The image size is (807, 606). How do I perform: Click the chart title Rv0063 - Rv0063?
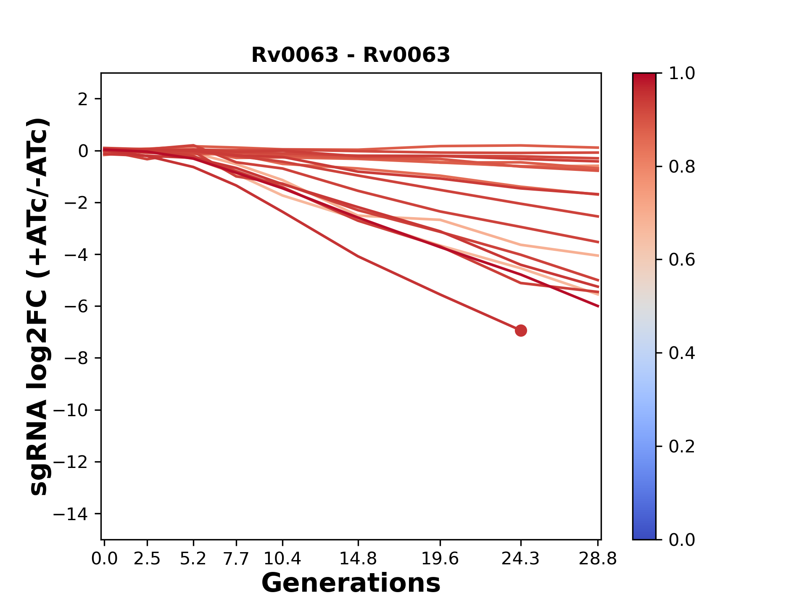351,55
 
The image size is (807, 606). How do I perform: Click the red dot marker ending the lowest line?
521,331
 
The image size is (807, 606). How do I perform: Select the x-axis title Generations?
351,583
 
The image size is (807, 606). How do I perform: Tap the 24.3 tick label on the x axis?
521,559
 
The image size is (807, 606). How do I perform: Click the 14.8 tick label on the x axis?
358,559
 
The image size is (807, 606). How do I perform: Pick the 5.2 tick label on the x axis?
193,559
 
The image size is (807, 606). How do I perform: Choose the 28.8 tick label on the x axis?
598,559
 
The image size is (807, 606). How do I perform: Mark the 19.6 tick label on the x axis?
440,559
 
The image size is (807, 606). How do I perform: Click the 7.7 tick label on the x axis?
236,559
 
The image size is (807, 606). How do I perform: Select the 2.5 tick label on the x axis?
147,559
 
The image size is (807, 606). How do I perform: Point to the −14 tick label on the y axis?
71,514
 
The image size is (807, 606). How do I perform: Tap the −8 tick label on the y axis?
76,358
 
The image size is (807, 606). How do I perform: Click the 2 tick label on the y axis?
83,99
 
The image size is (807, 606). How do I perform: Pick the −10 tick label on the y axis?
71,410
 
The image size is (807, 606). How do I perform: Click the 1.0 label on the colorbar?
682,74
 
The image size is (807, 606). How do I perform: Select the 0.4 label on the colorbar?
682,353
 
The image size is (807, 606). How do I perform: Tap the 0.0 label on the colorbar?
682,540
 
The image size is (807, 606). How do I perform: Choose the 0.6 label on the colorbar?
682,260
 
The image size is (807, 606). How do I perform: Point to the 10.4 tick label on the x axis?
282,559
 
